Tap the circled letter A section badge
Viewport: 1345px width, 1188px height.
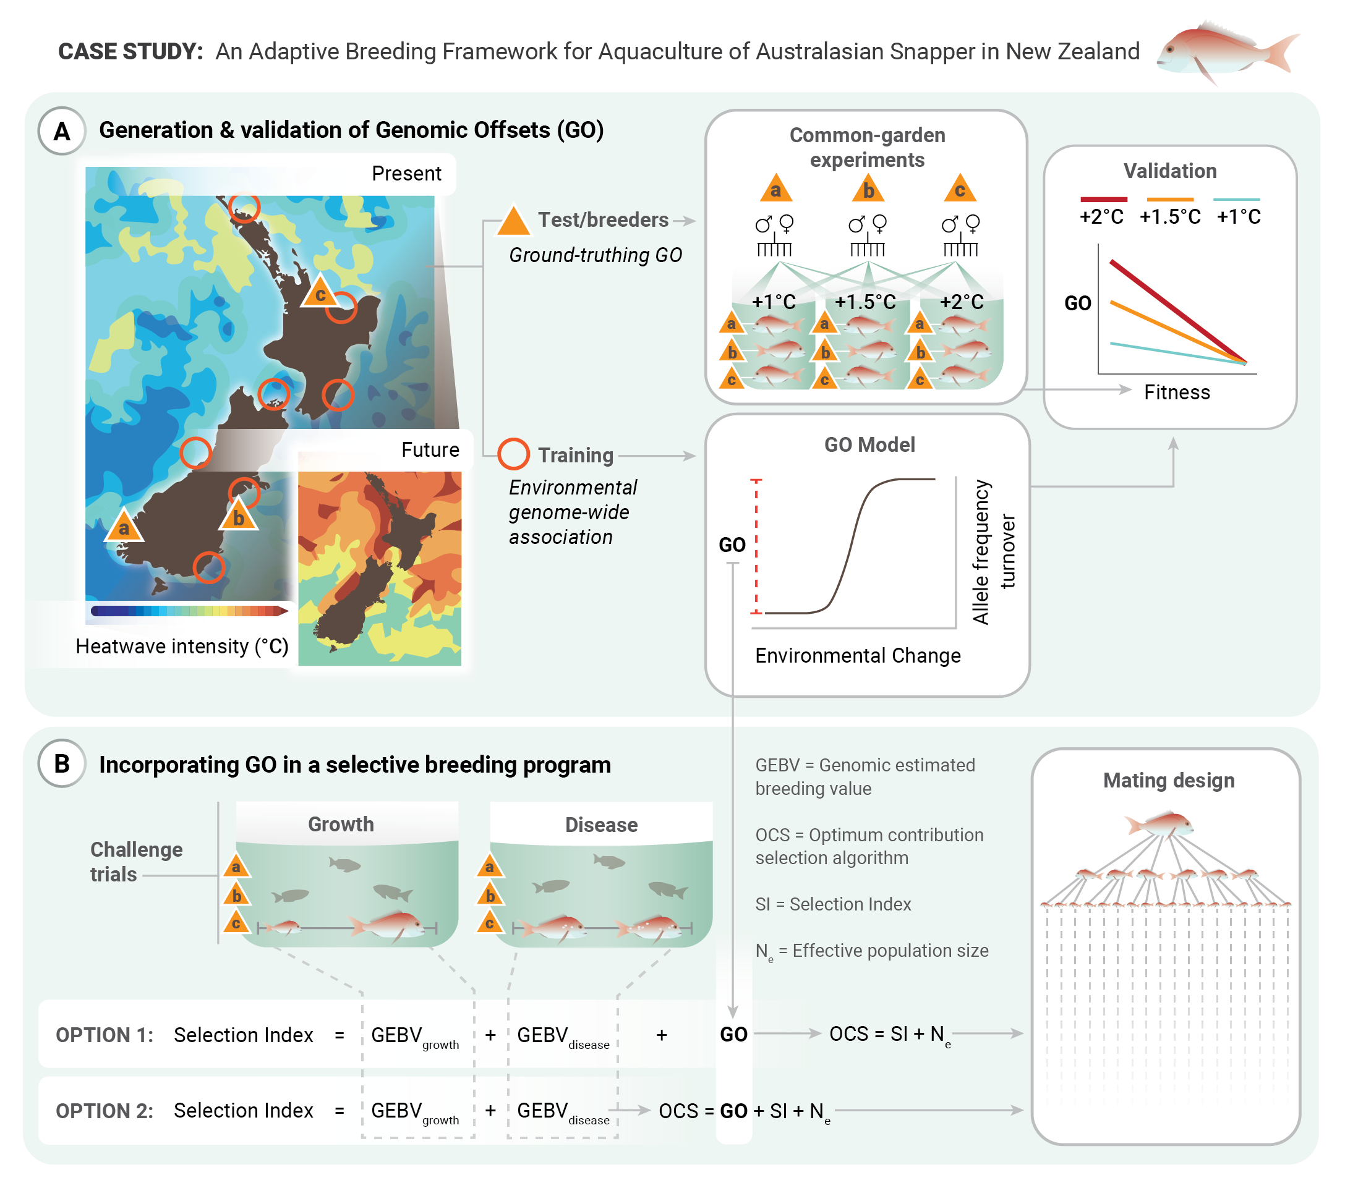62,131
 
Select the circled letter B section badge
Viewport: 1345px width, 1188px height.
62,764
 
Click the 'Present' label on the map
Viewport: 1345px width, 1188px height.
406,174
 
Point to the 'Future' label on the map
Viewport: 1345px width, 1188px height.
430,450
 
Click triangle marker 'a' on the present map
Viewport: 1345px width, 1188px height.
124,525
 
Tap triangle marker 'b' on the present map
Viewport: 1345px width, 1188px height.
238,516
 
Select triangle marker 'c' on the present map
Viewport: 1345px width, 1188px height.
320,291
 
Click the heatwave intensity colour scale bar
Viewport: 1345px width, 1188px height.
189,611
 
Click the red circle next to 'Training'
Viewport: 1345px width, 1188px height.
513,454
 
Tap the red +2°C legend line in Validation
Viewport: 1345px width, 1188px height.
1103,199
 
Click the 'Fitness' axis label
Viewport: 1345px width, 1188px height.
1177,392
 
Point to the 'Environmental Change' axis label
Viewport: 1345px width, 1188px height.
858,656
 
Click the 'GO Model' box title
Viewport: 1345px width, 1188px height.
869,444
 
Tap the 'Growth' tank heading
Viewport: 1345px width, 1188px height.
341,824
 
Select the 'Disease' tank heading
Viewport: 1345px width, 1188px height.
602,825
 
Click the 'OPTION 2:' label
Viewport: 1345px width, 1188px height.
105,1111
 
